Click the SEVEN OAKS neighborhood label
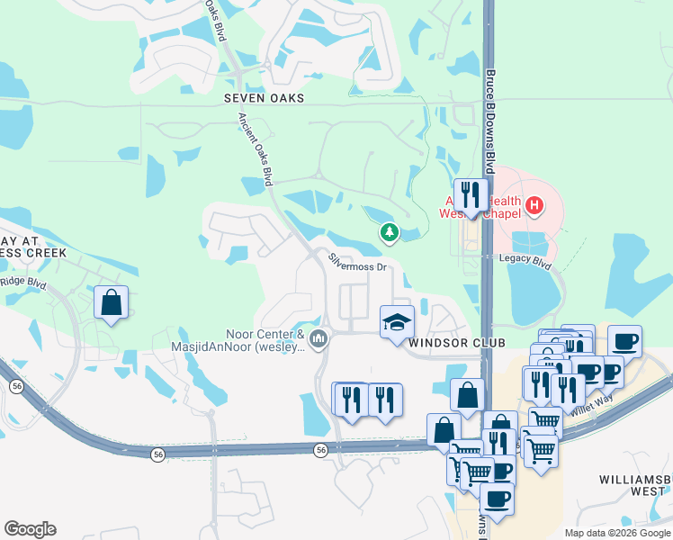(x=265, y=97)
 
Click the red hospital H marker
(x=534, y=206)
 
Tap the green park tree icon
(x=389, y=234)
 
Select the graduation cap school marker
(x=395, y=323)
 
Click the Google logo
(x=30, y=529)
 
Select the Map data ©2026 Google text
(x=617, y=533)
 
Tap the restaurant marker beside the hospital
(x=470, y=193)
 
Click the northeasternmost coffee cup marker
(x=624, y=341)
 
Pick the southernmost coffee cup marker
(x=496, y=498)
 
